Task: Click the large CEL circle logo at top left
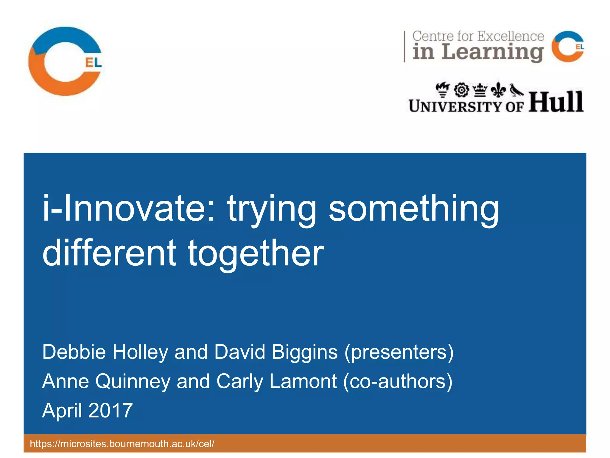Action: coord(66,61)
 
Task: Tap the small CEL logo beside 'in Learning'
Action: coord(567,47)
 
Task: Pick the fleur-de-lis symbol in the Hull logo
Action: coord(498,90)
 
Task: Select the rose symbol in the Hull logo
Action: coord(462,90)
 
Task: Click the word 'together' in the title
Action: coord(256,253)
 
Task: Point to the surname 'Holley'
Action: coord(140,352)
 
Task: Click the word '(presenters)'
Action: coord(399,352)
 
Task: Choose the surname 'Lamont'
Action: coord(303,381)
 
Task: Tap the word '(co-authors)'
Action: coord(398,381)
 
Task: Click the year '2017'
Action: coord(111,411)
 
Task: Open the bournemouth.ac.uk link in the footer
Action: coord(122,444)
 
